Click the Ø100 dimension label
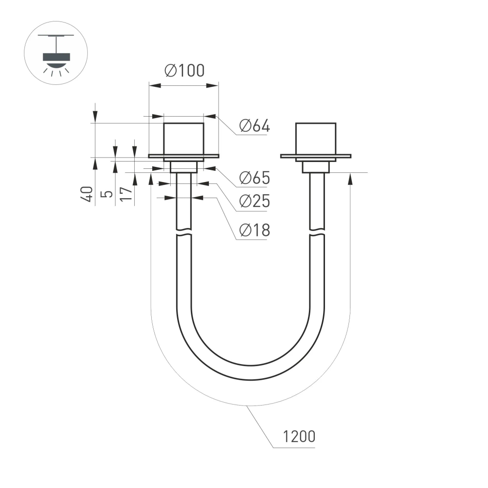[x=184, y=71]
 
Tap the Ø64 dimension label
[x=254, y=126]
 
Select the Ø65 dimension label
[x=254, y=178]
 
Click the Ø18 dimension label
[x=254, y=230]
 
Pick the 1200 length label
[x=299, y=436]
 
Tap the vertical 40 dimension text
[x=87, y=194]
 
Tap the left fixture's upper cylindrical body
[x=183, y=139]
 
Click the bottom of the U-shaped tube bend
[x=250, y=372]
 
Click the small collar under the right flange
[x=316, y=167]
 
